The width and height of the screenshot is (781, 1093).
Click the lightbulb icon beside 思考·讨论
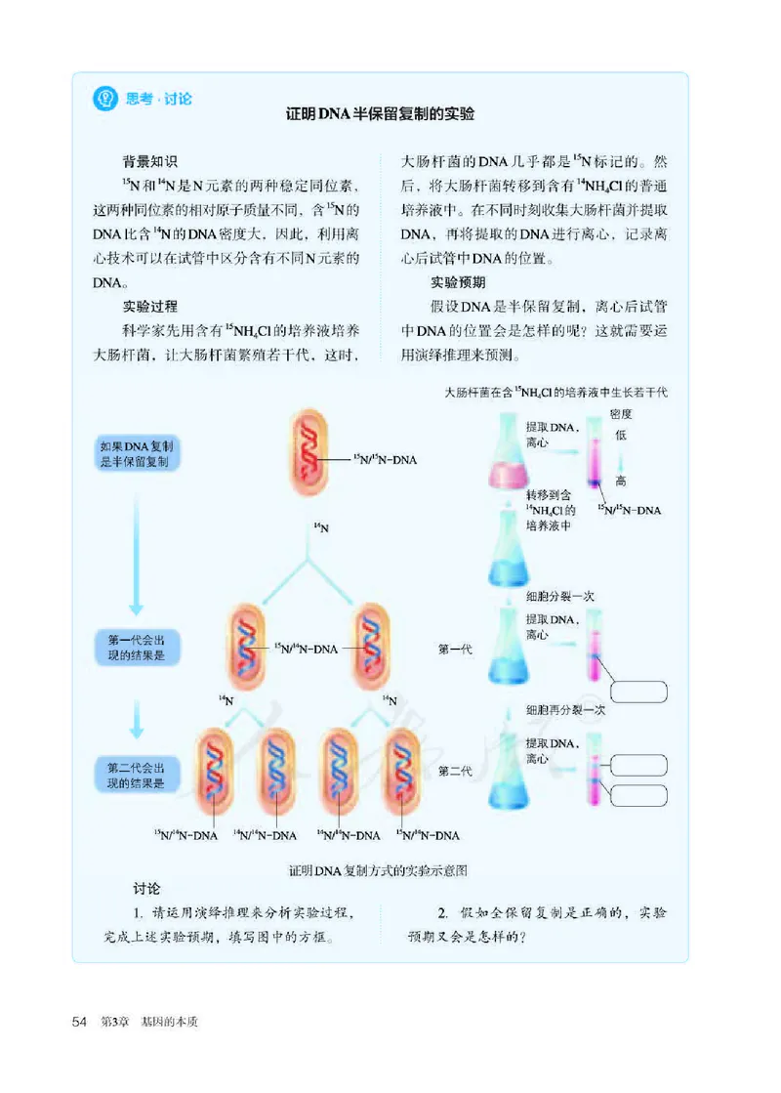(x=103, y=99)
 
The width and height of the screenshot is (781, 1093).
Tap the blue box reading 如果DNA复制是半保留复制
(x=136, y=454)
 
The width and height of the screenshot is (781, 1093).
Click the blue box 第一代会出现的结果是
(x=138, y=646)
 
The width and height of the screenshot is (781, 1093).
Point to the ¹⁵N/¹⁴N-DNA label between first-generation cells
(x=306, y=648)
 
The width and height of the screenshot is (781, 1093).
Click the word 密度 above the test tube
(x=621, y=414)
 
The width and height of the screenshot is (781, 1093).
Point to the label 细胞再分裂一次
(x=566, y=710)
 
